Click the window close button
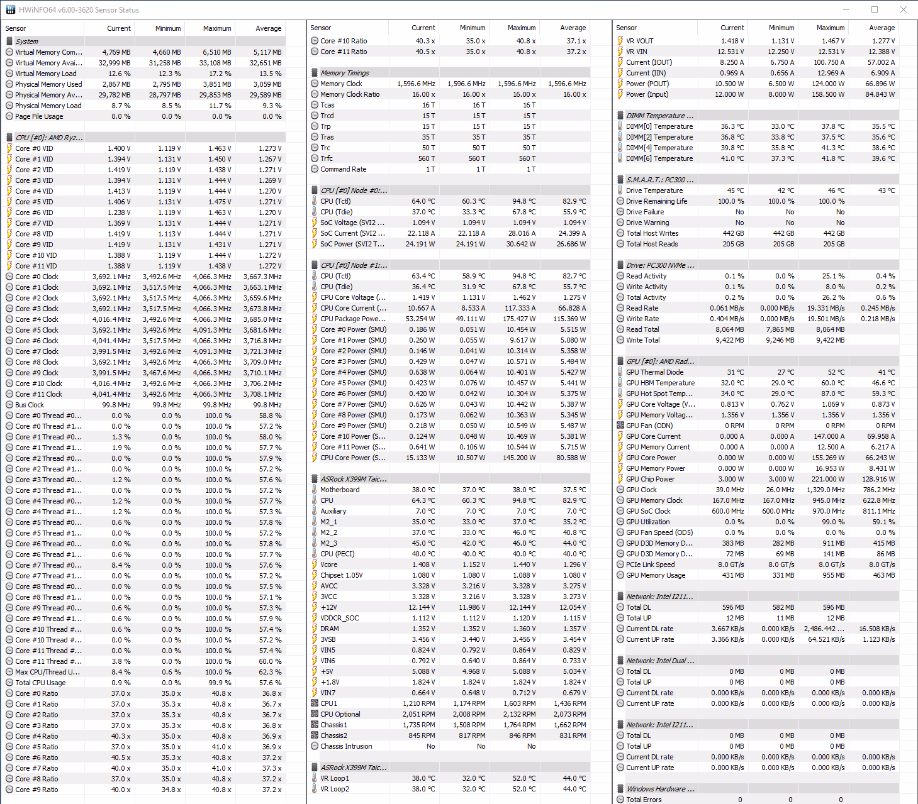coord(904,9)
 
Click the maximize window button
coord(875,9)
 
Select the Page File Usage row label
coord(39,116)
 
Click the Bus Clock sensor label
coord(30,405)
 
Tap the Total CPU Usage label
coord(40,683)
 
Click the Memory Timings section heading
coord(345,73)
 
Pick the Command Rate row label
coord(343,169)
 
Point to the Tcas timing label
coord(327,105)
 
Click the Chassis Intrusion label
coord(346,746)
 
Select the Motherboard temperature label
coord(340,490)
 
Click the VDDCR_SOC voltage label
coord(339,618)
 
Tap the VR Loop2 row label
coord(335,789)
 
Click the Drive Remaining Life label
coord(656,201)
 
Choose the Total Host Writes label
coord(652,233)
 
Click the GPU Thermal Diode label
coord(654,372)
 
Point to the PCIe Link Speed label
coord(650,564)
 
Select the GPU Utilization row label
coord(647,522)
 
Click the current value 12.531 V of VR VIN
coord(730,52)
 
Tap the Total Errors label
coord(644,800)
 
